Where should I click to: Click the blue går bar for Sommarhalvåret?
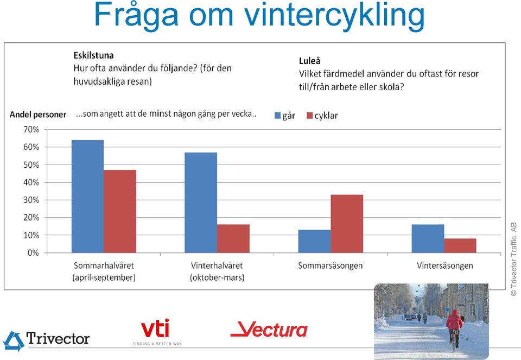(88, 197)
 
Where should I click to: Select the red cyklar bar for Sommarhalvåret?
(120, 211)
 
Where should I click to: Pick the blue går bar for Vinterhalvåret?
(201, 203)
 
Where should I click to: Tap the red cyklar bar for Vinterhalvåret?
(233, 239)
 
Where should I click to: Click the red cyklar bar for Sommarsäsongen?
(347, 224)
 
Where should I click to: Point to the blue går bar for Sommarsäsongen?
(314, 241)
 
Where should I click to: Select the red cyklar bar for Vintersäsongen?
(460, 245)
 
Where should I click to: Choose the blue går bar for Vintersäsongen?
(428, 239)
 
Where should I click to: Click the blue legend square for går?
(278, 116)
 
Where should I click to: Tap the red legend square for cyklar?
(310, 116)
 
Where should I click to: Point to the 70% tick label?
(31, 129)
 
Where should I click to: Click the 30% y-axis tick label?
(31, 200)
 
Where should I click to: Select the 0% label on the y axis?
(33, 253)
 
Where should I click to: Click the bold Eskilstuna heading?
(94, 55)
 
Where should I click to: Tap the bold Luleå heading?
(310, 61)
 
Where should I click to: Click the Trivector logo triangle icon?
(14, 341)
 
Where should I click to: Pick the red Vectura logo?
(269, 330)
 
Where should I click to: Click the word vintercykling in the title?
(335, 16)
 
